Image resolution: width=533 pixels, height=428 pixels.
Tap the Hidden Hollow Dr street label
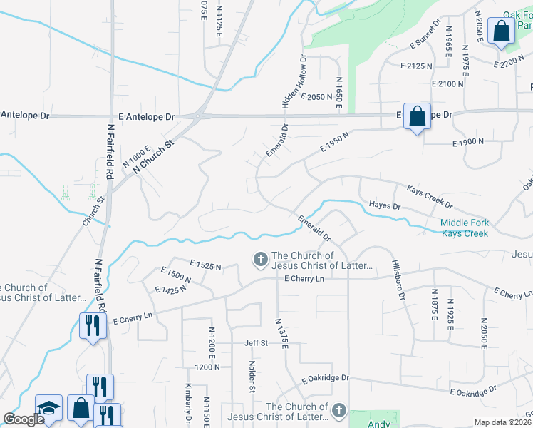click(x=295, y=82)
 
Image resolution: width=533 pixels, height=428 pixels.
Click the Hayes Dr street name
click(x=385, y=205)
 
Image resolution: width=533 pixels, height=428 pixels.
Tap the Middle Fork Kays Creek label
click(x=465, y=228)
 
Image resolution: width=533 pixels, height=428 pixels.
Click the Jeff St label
click(x=256, y=343)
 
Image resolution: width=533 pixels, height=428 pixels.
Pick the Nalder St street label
click(x=252, y=376)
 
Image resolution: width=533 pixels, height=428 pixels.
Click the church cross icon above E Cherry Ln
click(x=261, y=258)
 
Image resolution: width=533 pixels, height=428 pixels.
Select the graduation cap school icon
click(x=48, y=409)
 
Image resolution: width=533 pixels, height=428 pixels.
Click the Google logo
click(x=24, y=419)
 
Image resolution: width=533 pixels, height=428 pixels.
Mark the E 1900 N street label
click(x=468, y=143)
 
